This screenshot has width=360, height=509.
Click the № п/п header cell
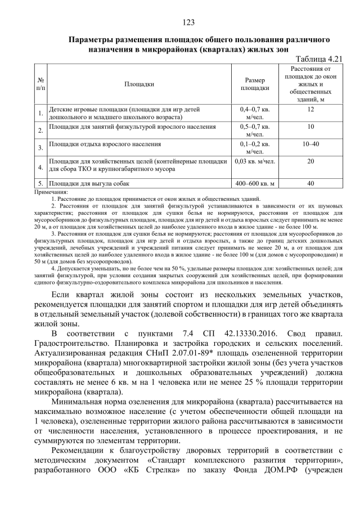click(41, 84)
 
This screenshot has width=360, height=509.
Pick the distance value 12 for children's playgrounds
click(310, 109)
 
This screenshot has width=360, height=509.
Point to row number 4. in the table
click(41, 167)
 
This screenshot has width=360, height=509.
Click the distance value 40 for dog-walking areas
click(310, 183)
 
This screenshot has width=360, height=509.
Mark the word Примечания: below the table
click(51, 192)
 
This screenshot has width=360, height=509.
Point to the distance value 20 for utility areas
click(310, 161)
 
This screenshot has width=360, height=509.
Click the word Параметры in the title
click(91, 40)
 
